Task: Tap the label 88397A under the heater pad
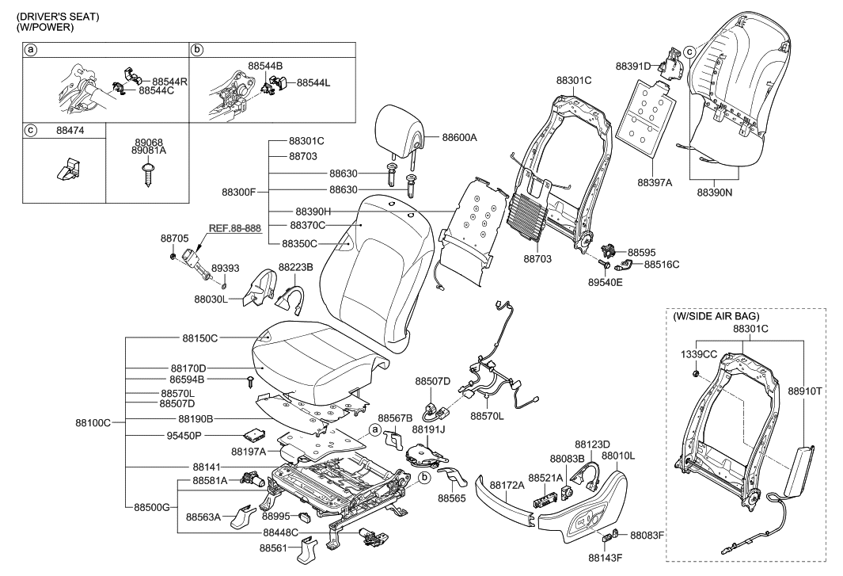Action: pyautogui.click(x=655, y=182)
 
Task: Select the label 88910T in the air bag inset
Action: pyautogui.click(x=807, y=391)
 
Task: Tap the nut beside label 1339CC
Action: pyautogui.click(x=695, y=372)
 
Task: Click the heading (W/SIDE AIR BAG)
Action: pyautogui.click(x=716, y=316)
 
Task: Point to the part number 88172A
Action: pyautogui.click(x=507, y=484)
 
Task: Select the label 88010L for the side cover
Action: pyautogui.click(x=618, y=456)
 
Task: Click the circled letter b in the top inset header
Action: pyautogui.click(x=197, y=49)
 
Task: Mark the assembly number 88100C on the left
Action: pyautogui.click(x=93, y=423)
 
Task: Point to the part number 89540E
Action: pyautogui.click(x=605, y=280)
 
